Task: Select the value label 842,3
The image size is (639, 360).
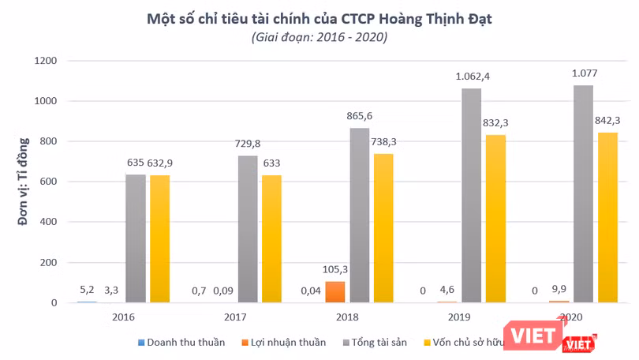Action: coord(608,121)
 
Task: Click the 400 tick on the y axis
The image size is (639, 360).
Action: coord(48,222)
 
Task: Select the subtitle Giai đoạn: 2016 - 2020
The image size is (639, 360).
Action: coord(319,37)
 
